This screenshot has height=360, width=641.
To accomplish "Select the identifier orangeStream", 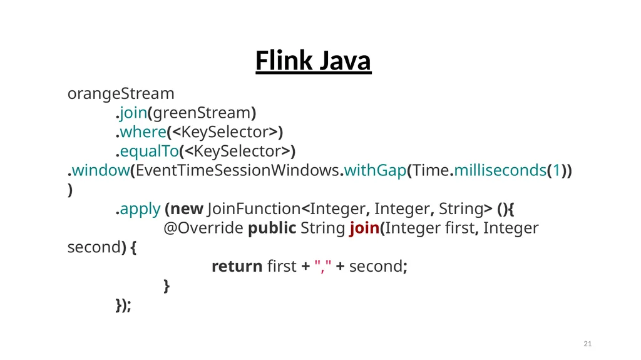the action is tap(121, 94).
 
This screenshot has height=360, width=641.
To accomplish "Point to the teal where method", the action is tap(143, 131).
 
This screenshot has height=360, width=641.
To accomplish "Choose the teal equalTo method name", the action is tap(149, 152).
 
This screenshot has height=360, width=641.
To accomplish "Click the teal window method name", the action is tap(101, 170).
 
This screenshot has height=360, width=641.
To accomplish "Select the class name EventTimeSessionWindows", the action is tap(237, 170).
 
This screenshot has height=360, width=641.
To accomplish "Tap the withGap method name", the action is tap(376, 170).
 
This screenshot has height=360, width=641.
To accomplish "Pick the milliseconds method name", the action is tap(500, 170).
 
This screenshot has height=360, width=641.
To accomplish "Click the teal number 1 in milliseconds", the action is tap(556, 170).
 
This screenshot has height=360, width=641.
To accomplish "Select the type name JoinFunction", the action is tap(254, 208).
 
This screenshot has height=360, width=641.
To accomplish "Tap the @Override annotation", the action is tap(203, 228).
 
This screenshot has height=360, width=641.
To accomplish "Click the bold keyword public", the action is tap(272, 228).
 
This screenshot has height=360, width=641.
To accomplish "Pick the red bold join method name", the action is tap(364, 229).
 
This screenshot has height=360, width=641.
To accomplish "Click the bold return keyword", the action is tap(237, 266).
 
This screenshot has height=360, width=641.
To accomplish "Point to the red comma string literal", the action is tap(323, 266).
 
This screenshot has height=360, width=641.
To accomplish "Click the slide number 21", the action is tap(587, 344).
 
